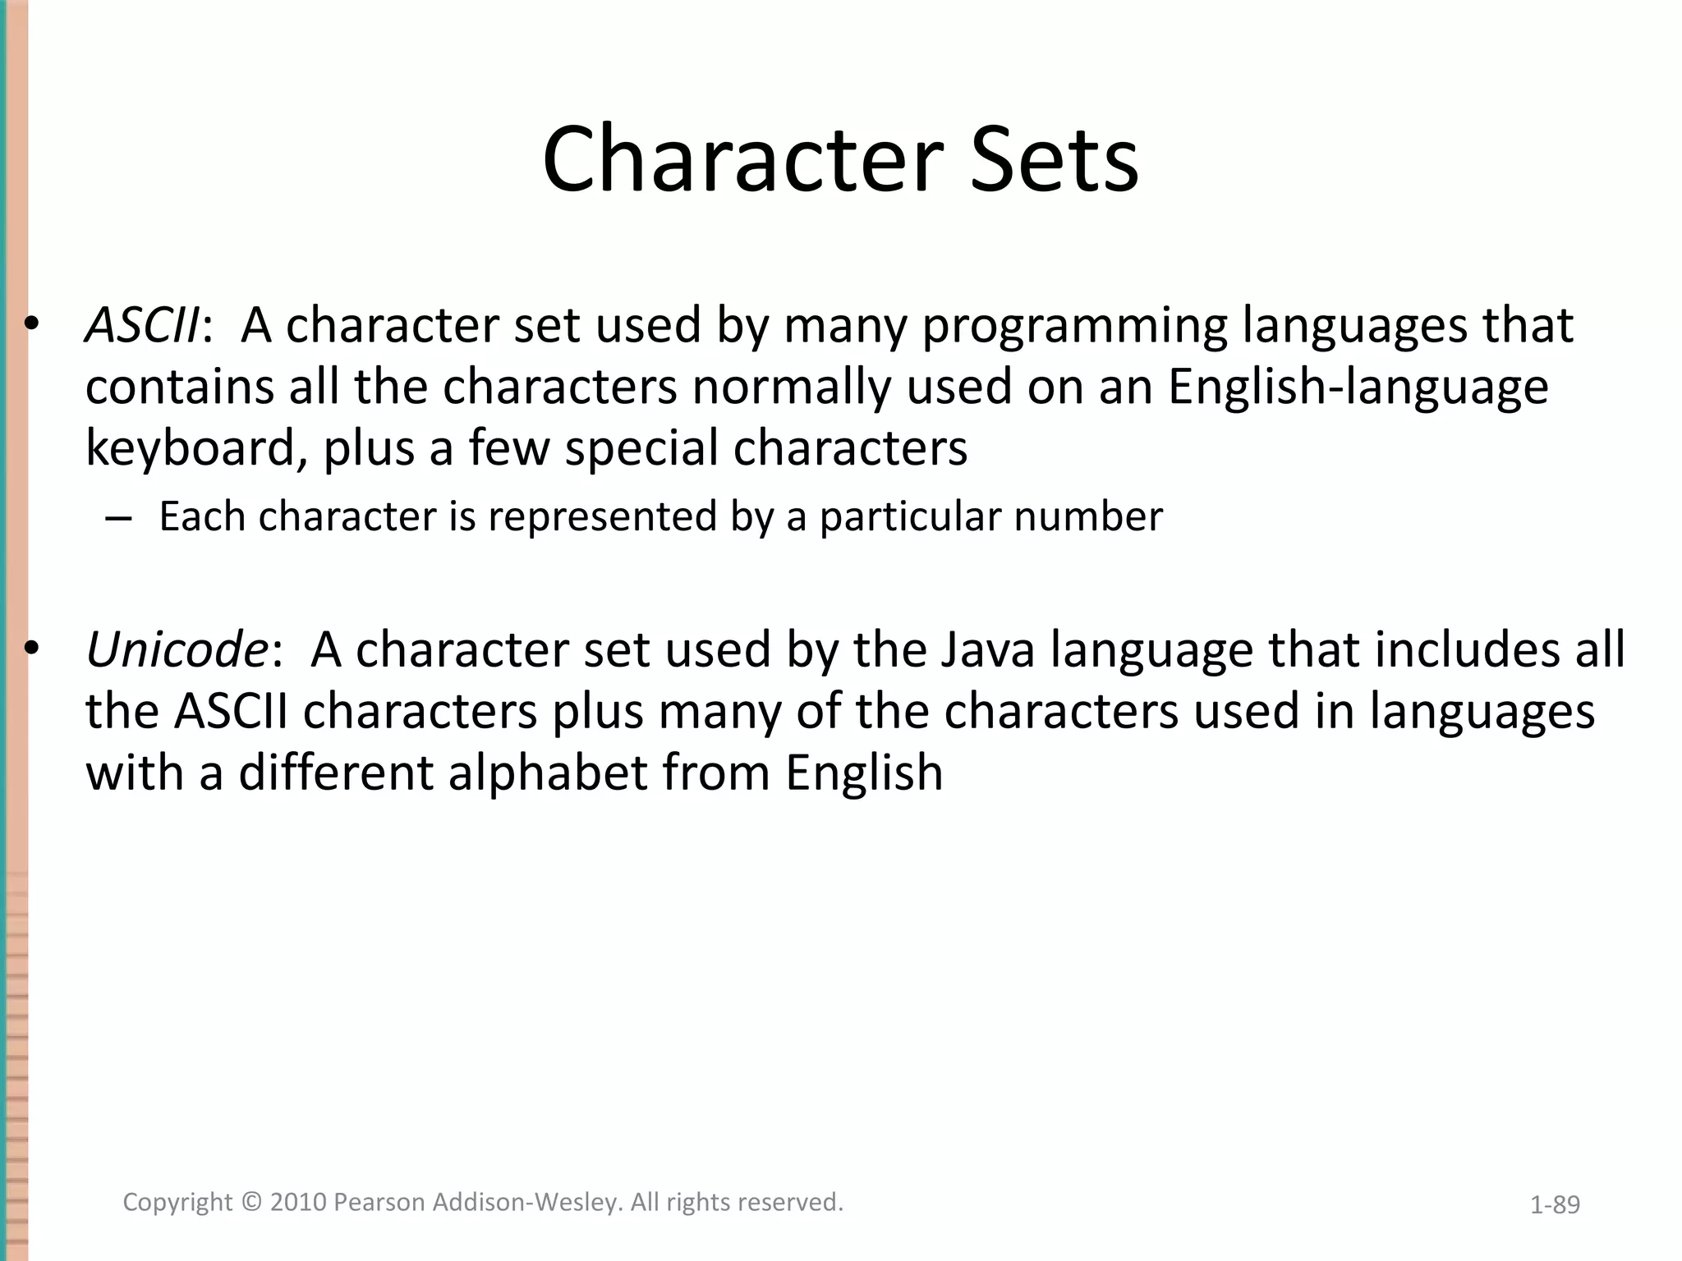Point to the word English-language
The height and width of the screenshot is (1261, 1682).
coord(1358,387)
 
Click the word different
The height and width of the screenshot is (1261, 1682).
coord(336,773)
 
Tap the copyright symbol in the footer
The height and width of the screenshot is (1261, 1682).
coord(252,1203)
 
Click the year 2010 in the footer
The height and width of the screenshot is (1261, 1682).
coord(299,1203)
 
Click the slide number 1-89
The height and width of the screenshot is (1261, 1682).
coord(1555,1205)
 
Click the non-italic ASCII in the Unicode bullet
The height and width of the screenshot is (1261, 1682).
coord(231,711)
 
